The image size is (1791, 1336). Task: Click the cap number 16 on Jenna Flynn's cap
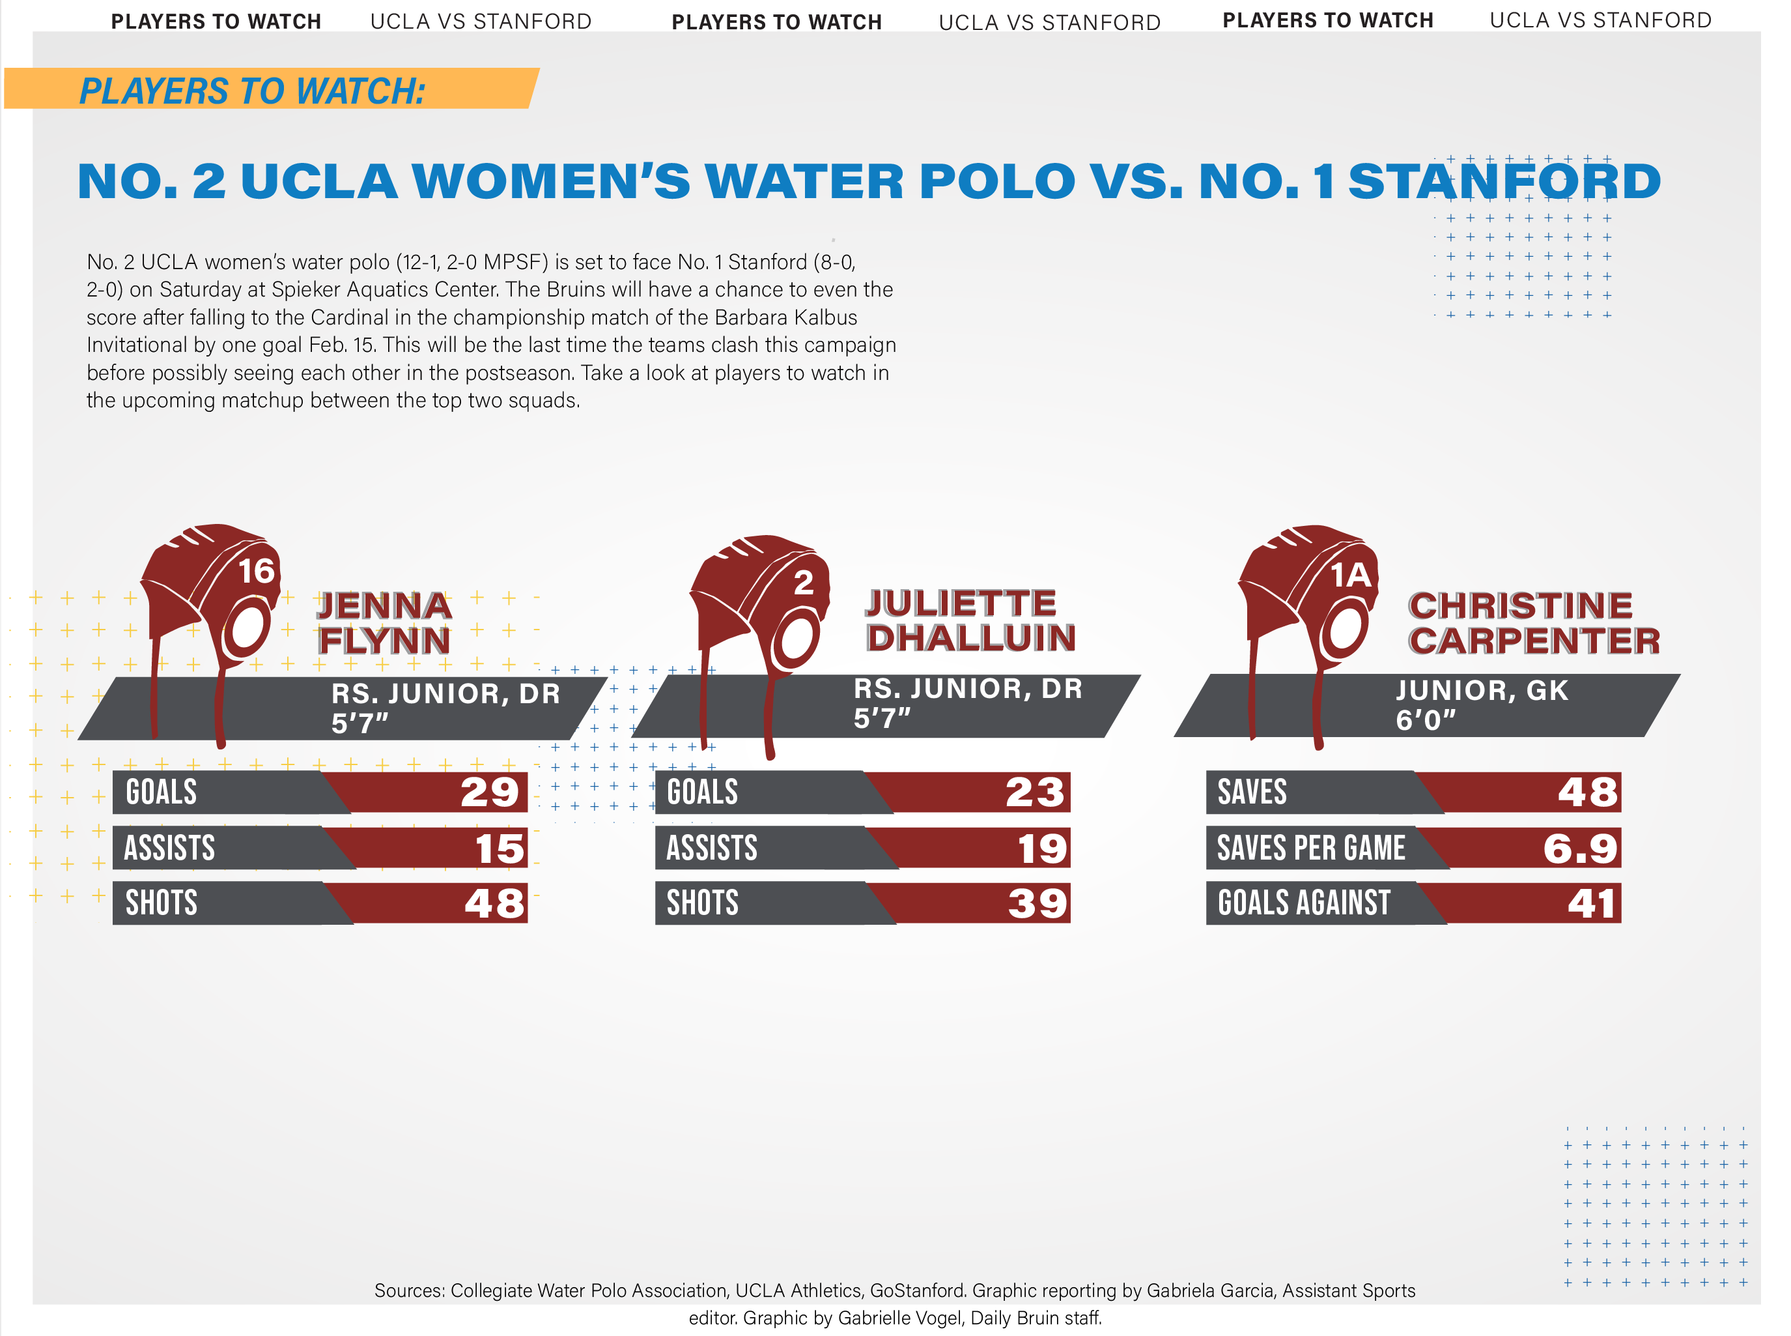256,572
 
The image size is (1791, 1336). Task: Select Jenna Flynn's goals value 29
489,792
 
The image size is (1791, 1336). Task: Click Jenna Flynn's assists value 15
500,849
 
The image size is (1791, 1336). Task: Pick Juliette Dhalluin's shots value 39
1037,903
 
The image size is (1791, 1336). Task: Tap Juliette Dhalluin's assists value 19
1042,849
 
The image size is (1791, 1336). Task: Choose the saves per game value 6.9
1579,849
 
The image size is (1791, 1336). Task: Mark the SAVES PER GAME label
1310,849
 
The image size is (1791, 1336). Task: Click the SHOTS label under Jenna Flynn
161,903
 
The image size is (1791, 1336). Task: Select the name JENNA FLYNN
384,623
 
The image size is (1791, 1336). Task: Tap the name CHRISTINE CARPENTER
1532,623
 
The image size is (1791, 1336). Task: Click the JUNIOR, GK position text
1482,690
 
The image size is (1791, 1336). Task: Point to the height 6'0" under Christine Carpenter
1425,719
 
